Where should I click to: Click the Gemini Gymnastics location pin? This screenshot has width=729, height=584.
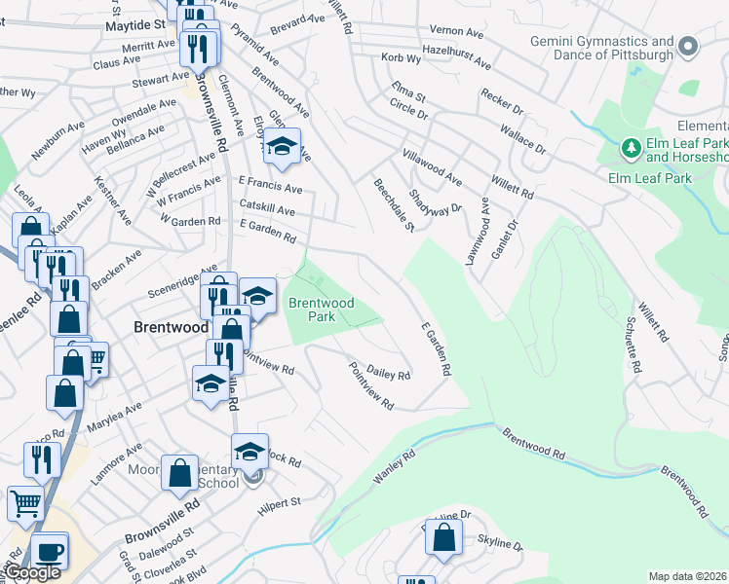[x=689, y=47]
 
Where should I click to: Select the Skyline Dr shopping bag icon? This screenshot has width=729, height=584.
[x=443, y=538]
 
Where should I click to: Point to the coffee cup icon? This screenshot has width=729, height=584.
[x=49, y=550]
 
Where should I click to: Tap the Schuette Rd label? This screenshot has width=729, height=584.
[x=636, y=346]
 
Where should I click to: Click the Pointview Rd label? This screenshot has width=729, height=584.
[x=371, y=385]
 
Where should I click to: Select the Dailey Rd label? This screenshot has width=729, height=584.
[x=389, y=367]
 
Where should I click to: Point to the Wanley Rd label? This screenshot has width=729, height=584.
[x=395, y=466]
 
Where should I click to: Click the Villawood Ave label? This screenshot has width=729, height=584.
[x=432, y=167]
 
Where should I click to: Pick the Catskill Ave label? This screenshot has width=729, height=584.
[x=266, y=210]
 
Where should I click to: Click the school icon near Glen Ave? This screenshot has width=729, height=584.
[x=282, y=147]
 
